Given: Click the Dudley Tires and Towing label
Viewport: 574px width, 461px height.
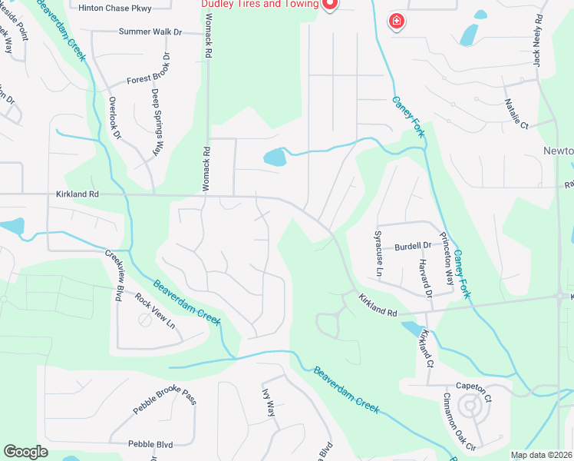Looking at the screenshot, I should (259, 4).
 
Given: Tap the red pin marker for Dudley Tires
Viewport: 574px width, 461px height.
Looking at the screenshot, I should (330, 5).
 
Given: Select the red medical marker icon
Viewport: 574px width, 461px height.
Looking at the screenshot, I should (396, 22).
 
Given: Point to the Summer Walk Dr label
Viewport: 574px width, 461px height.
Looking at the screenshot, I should (150, 32).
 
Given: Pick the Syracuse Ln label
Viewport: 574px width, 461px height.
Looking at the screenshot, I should (378, 254).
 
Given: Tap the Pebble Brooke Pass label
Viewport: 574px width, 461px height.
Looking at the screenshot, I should (165, 401).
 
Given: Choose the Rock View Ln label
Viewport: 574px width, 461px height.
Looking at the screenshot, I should (155, 311).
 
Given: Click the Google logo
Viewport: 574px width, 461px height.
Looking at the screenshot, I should (26, 451).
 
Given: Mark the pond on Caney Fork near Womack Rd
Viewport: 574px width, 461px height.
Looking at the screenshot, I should (275, 158).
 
